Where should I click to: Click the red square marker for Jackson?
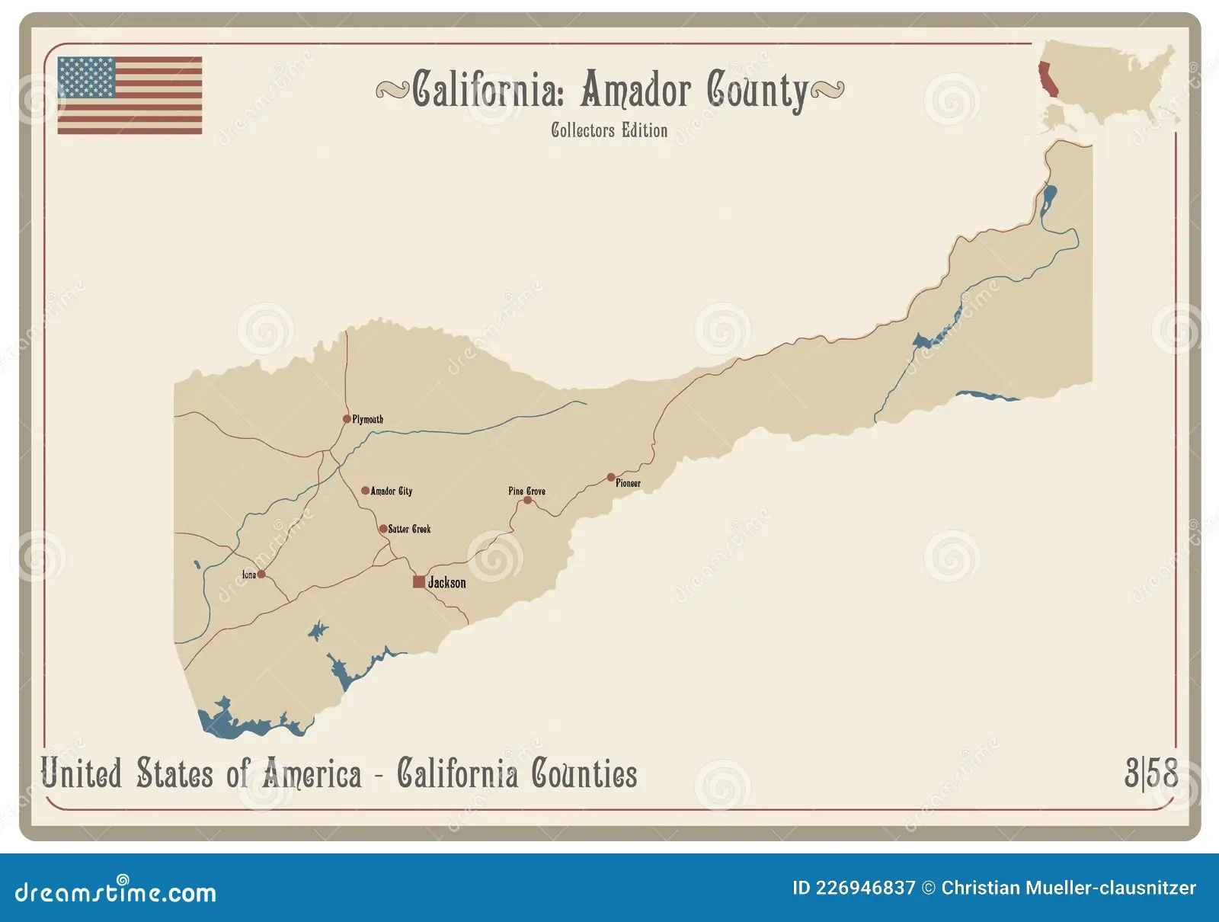(419, 582)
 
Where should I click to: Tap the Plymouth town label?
(368, 419)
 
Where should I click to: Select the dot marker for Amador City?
(365, 491)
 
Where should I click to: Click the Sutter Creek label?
(409, 529)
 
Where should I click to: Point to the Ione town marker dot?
(261, 575)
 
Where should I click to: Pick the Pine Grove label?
(526, 491)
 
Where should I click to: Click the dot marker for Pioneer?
(611, 478)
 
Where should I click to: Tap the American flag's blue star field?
(86, 78)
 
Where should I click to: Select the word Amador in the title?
(636, 90)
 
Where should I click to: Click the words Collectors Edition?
(609, 130)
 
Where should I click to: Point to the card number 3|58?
(1150, 773)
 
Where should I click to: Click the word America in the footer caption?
(312, 774)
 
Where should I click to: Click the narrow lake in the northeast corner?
(1048, 200)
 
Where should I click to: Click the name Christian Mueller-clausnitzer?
(1068, 888)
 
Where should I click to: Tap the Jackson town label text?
(446, 583)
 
